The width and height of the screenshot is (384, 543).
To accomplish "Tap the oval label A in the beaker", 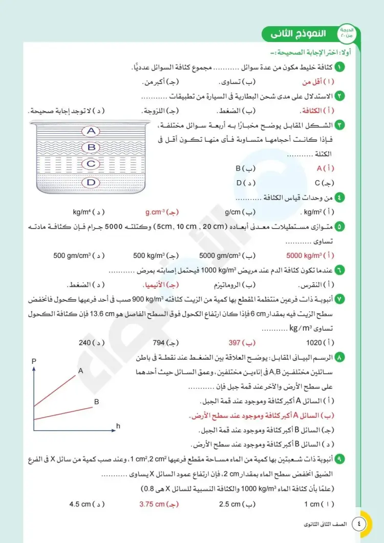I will (x=92, y=131).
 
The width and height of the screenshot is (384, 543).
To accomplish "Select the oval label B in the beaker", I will (x=92, y=147).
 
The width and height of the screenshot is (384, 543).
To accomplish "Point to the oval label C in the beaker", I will (x=92, y=164).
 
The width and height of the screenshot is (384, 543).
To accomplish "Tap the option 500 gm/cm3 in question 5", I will (x=72, y=255).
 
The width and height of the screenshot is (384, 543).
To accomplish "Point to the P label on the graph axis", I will (x=34, y=361).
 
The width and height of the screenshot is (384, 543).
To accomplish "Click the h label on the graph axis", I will (x=118, y=425).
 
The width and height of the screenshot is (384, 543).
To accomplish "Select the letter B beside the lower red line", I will (x=96, y=402).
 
